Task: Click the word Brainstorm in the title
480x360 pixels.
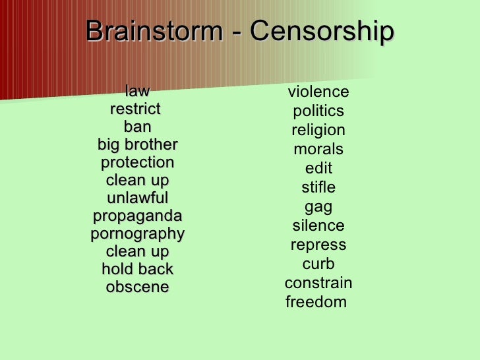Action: coord(153,32)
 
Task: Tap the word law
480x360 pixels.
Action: coord(137,91)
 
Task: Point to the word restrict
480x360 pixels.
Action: coord(135,109)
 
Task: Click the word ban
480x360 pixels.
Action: coord(137,127)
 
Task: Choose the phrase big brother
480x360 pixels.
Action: coord(137,144)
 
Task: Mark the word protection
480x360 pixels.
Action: coord(137,162)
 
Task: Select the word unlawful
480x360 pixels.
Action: coord(137,198)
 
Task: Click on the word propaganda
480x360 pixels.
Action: coord(137,216)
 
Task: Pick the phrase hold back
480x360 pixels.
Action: coord(137,269)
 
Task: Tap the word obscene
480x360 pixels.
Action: coord(137,287)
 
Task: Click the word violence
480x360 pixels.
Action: coord(318,92)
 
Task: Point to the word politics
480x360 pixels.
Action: coord(318,111)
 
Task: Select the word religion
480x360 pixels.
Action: coord(318,130)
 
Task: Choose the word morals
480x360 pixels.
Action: coord(318,149)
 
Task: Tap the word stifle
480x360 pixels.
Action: coord(318,187)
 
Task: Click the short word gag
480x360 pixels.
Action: coord(318,207)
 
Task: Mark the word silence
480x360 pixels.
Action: coord(318,225)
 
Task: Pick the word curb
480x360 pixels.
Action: coord(318,264)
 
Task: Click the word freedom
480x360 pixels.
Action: coord(316,302)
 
